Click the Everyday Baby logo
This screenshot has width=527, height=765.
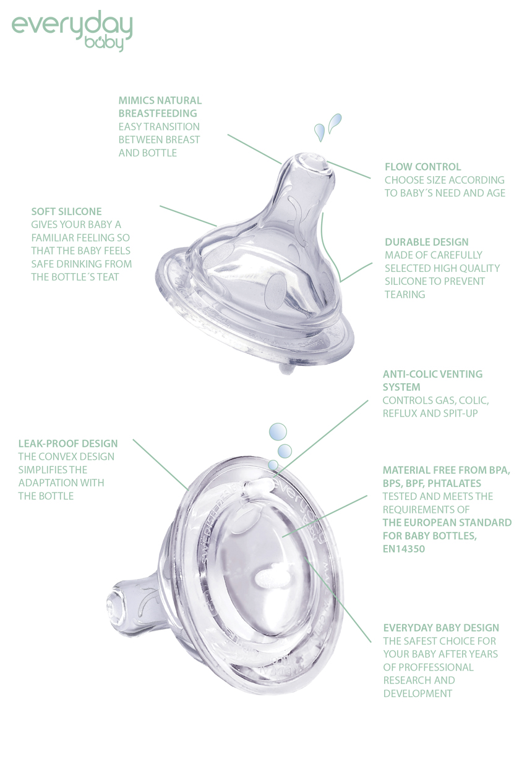72,30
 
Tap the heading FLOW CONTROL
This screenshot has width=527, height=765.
422,167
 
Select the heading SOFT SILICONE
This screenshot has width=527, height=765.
66,211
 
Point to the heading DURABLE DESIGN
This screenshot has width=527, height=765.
426,242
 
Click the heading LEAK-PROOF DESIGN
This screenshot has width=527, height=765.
68,444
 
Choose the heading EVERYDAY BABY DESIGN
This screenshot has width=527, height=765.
441,628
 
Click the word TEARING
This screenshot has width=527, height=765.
405,295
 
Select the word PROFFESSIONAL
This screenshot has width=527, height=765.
428,667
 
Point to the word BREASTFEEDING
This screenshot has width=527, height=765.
158,113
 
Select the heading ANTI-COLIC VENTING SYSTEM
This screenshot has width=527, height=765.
432,380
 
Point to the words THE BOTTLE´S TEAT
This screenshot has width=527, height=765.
75,277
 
